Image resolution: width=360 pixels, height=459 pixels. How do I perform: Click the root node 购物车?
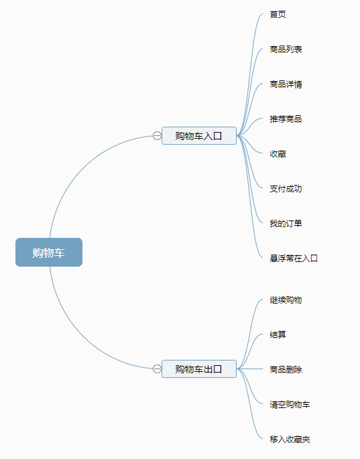(x=49, y=253)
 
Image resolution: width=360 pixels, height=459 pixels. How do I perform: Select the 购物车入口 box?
(x=199, y=136)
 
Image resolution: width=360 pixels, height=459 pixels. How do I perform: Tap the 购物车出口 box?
(x=199, y=369)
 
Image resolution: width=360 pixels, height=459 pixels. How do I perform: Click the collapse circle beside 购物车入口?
(x=157, y=136)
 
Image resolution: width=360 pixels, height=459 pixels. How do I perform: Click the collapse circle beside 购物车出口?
(x=157, y=369)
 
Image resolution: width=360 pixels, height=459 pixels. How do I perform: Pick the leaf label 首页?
(x=278, y=14)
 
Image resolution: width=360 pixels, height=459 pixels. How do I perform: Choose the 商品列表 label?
(x=286, y=49)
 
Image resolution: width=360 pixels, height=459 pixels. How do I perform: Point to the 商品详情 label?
(x=286, y=84)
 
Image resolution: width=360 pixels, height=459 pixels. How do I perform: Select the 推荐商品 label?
(x=286, y=119)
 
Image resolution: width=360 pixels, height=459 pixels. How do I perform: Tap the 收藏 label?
(x=278, y=154)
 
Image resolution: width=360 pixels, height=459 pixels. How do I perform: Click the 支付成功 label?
(x=286, y=189)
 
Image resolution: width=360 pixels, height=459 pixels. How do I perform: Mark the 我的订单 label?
(x=286, y=224)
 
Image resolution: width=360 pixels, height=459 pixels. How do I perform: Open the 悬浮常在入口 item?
(x=294, y=259)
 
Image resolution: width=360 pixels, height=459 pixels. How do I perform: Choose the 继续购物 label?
(x=286, y=300)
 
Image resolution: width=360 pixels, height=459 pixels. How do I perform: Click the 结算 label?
(x=278, y=334)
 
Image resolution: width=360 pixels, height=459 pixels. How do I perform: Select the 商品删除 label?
(x=286, y=370)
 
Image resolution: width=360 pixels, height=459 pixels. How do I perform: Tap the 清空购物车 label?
(x=290, y=405)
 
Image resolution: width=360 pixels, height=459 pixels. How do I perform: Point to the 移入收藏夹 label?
(x=290, y=440)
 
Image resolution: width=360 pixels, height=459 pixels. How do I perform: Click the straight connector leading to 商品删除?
(x=250, y=369)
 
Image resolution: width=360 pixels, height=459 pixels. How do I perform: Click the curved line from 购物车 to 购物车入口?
(x=82, y=167)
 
